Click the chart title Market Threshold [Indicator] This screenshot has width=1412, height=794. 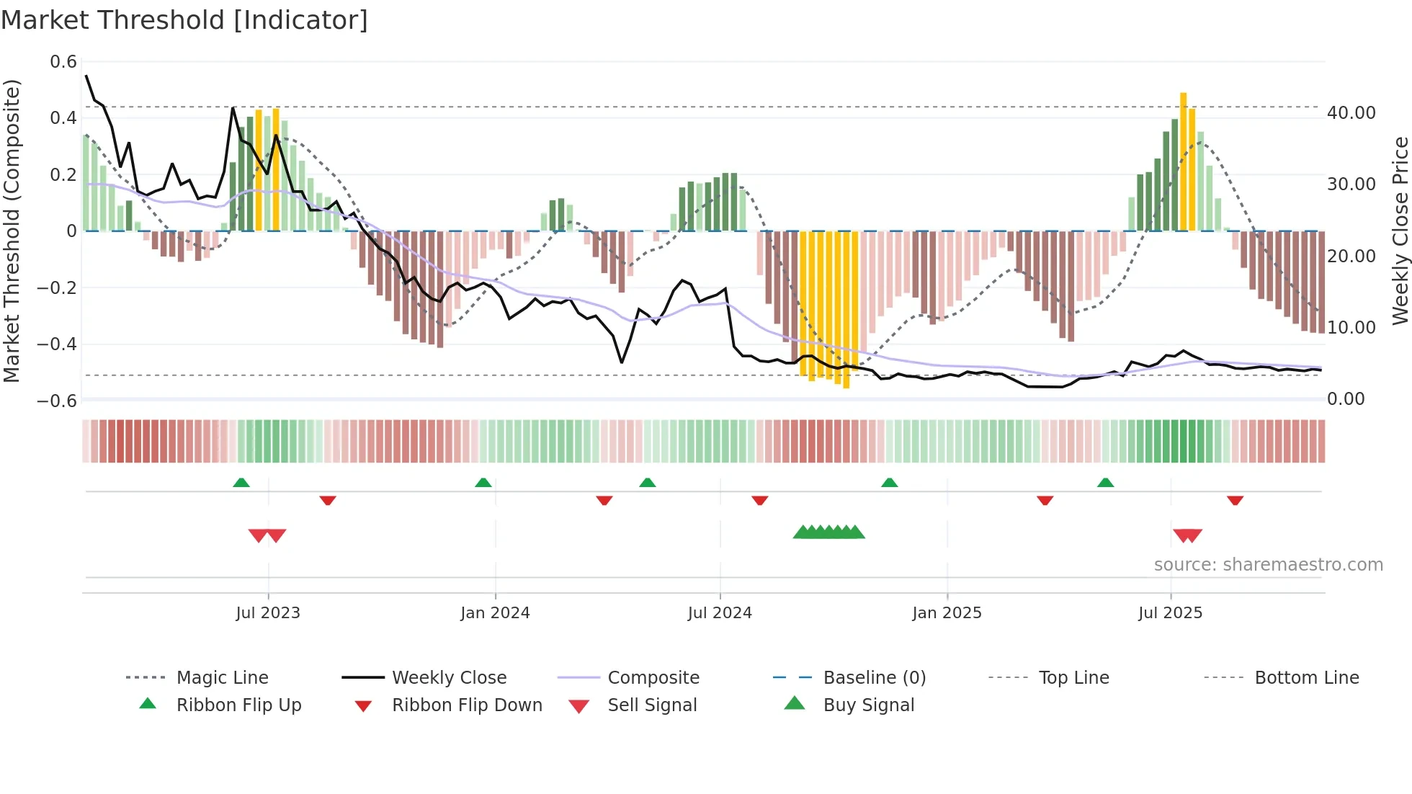point(184,20)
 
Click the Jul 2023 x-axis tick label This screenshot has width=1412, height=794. point(268,613)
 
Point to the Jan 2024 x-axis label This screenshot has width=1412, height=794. point(495,613)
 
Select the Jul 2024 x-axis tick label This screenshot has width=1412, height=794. point(720,613)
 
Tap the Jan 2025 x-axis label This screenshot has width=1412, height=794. point(947,613)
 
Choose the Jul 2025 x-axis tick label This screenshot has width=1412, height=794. point(1171,613)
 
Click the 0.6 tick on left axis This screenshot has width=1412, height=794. point(63,62)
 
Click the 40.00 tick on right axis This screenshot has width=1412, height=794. point(1351,113)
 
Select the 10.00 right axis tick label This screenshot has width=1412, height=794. point(1351,328)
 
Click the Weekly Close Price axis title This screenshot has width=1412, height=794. point(1400,231)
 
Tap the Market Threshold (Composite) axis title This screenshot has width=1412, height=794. point(12,231)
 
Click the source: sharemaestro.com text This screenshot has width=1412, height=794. point(1268,565)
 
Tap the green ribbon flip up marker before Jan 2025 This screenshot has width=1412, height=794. point(890,483)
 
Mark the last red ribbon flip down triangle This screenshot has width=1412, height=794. point(1235,500)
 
